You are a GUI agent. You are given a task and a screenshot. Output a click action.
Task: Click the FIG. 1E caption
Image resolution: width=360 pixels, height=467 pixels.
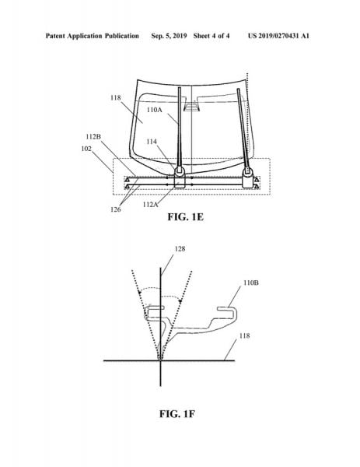185,216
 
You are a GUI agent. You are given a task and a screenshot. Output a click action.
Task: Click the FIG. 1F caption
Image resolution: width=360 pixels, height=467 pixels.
177,414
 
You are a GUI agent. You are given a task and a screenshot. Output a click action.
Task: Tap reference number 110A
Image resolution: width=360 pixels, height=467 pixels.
155,110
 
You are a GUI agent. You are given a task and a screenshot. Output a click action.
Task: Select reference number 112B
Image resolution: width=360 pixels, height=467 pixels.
93,137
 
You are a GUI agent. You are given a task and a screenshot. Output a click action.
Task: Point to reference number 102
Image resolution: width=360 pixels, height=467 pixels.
86,149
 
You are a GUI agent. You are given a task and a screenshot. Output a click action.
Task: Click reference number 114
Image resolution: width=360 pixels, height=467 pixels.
152,142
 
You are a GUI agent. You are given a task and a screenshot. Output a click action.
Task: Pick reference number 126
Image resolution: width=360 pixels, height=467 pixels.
115,209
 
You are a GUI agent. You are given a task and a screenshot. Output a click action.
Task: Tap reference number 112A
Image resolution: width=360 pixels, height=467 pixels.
150,204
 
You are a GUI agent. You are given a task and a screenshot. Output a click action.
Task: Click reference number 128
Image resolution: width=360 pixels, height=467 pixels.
180,249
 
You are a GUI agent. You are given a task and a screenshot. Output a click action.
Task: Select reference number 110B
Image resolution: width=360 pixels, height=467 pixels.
251,283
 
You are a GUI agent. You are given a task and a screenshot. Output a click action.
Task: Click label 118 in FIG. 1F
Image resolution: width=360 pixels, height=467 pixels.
244,336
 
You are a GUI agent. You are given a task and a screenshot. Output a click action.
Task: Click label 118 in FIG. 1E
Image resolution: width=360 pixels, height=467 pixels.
115,98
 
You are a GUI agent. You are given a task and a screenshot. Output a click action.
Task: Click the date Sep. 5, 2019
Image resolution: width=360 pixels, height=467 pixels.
169,36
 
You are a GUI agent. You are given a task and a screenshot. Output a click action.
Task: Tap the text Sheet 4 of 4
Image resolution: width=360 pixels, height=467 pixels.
211,36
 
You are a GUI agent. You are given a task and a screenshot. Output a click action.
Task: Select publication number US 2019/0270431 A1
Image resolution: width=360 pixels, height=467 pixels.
278,36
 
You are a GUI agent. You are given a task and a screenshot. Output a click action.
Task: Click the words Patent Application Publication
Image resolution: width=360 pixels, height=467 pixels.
93,36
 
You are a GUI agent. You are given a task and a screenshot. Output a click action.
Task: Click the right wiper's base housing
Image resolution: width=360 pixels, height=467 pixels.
247,178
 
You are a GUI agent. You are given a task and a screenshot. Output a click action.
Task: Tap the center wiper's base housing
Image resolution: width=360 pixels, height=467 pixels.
180,177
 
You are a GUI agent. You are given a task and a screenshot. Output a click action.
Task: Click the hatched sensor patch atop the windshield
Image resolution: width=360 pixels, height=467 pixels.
192,106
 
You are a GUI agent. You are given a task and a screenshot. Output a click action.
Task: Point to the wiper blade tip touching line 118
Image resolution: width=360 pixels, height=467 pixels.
160,358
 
